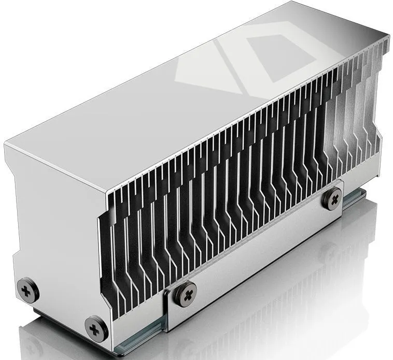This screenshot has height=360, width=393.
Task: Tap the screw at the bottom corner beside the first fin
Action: point(96,327)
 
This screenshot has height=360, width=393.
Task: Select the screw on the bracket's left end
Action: point(185,293)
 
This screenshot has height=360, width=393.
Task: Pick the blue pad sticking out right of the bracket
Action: point(358,196)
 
